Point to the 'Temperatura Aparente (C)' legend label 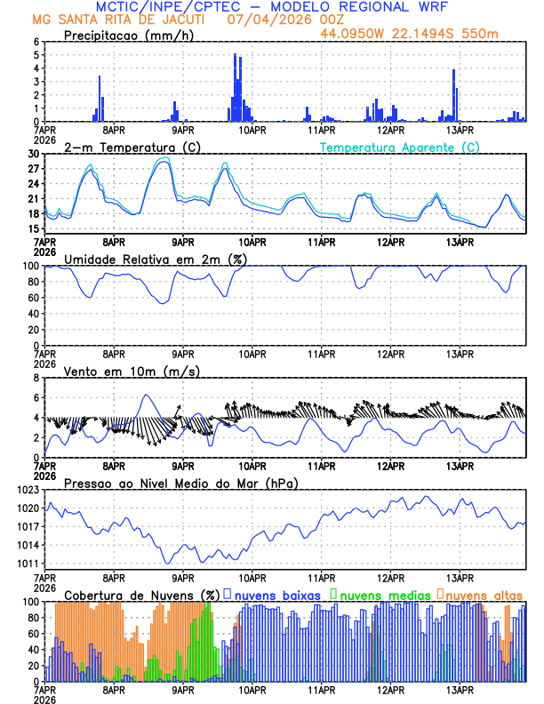click(x=399, y=147)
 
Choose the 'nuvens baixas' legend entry click(x=277, y=594)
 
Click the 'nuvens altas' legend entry click(x=483, y=594)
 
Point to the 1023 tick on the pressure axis click(x=29, y=490)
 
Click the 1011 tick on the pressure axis click(x=29, y=564)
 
